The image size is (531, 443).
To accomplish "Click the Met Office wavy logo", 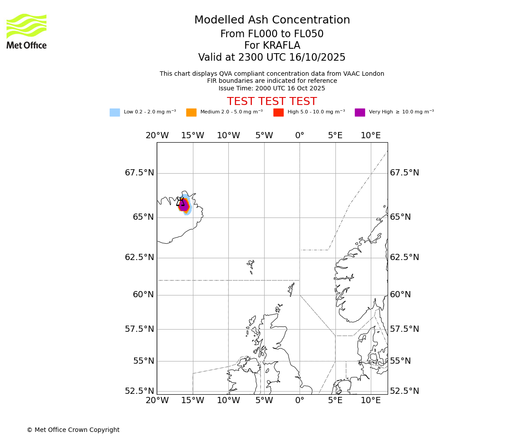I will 27,26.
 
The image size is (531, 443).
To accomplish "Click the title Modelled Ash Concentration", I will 272,20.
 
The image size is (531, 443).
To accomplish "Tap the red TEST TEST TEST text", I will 272,101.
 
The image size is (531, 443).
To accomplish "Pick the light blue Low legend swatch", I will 115,113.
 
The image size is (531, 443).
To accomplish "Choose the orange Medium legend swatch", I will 191,113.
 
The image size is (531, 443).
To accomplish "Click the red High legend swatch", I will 278,113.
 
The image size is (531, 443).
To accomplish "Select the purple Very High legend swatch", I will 360,113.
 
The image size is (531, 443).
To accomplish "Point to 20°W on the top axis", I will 157,136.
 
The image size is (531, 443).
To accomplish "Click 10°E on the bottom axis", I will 371,400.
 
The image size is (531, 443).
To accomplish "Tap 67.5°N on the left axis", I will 139,173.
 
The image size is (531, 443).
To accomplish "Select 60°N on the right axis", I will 400,295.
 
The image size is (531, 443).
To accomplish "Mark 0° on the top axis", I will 300,136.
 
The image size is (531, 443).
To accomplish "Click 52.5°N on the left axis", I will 139,391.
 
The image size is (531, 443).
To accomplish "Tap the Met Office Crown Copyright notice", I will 73,430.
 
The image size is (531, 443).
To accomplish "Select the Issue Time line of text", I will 272,88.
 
